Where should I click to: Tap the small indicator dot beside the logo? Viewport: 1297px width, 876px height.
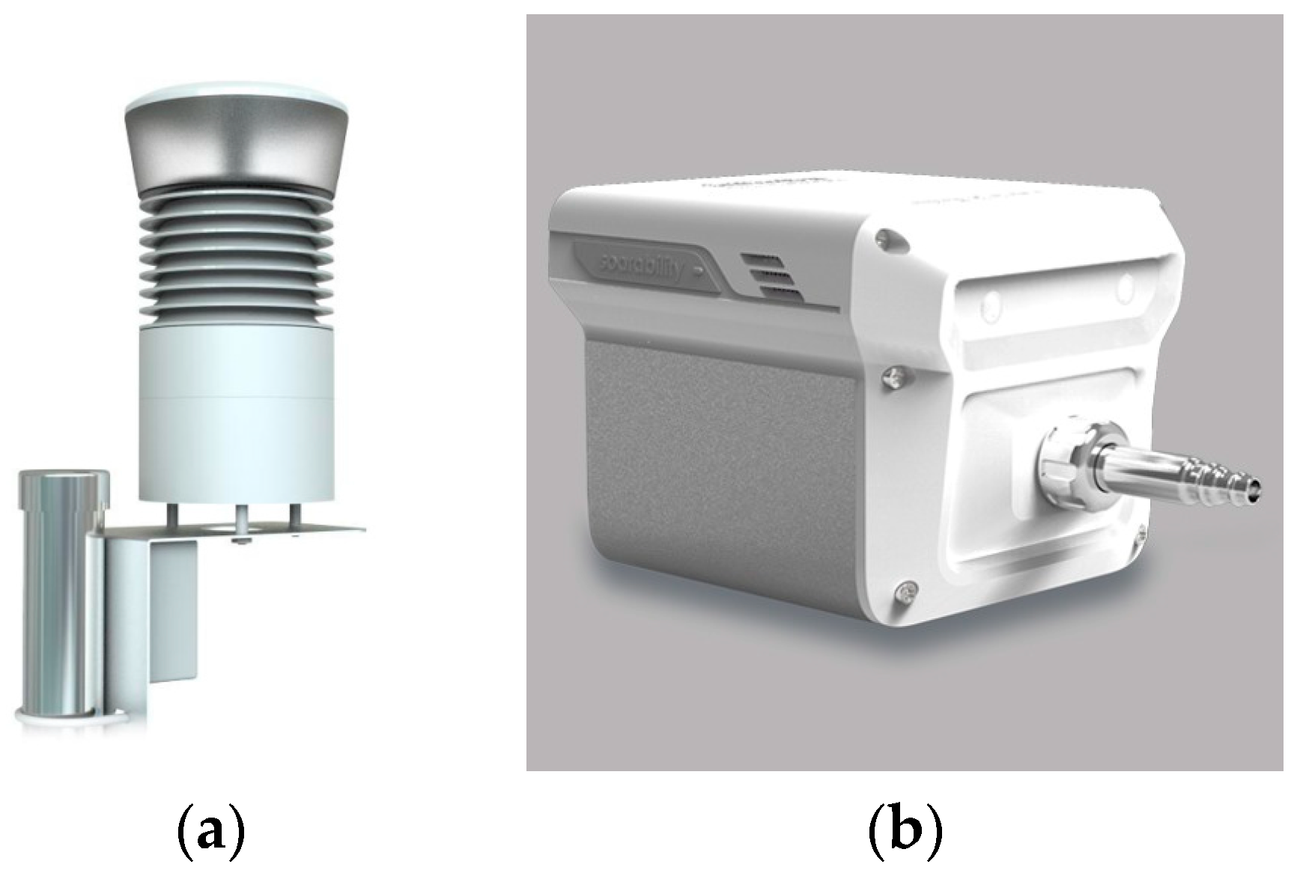[698, 267]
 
